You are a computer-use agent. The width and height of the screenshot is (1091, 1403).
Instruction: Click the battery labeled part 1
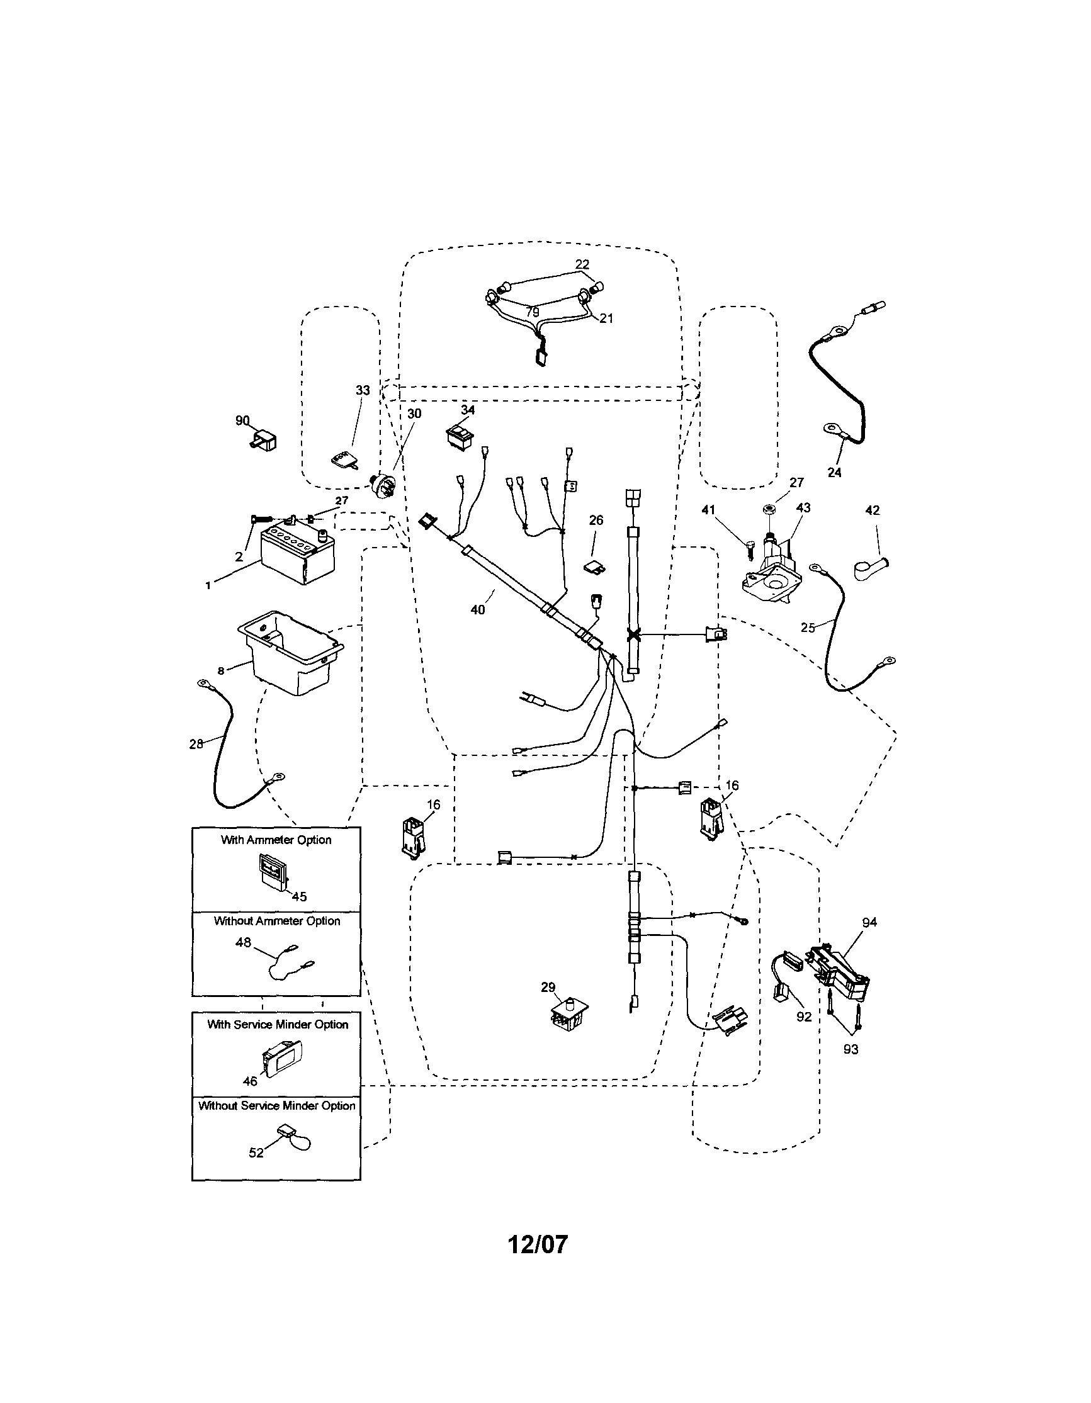coord(298,555)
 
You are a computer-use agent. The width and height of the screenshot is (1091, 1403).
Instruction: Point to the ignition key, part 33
coord(345,460)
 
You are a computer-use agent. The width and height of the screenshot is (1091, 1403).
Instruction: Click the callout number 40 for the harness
coord(477,610)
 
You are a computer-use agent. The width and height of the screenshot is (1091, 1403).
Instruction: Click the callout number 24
coord(834,472)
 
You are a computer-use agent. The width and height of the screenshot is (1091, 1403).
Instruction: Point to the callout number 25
coord(808,628)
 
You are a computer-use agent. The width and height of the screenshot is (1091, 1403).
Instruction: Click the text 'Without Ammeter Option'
coord(277,921)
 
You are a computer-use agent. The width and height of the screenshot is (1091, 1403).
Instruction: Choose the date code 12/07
coord(538,1244)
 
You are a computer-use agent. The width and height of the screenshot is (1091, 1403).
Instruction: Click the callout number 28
coord(196,743)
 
